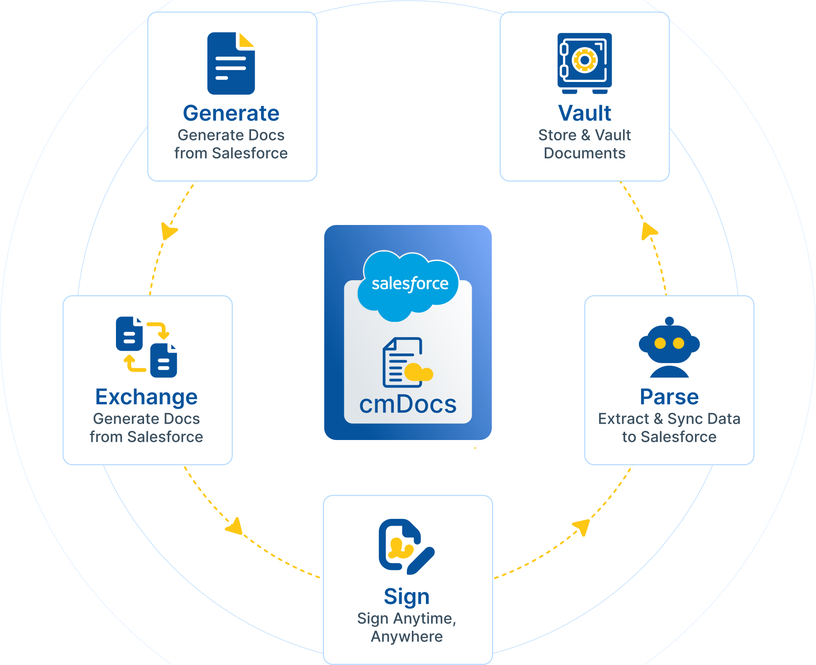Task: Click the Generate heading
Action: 231,113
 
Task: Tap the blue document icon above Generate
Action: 231,63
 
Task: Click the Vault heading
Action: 584,113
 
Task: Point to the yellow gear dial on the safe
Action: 584,60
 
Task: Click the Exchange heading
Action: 146,397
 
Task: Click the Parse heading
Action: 669,397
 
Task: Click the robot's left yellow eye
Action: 660,343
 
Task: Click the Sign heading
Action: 407,597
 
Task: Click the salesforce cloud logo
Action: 410,284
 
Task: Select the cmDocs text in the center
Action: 408,404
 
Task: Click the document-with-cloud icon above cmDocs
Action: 407,363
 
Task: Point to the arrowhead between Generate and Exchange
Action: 169,231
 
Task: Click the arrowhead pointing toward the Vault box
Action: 649,230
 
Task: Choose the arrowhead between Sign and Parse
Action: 581,527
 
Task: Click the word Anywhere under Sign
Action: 407,636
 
